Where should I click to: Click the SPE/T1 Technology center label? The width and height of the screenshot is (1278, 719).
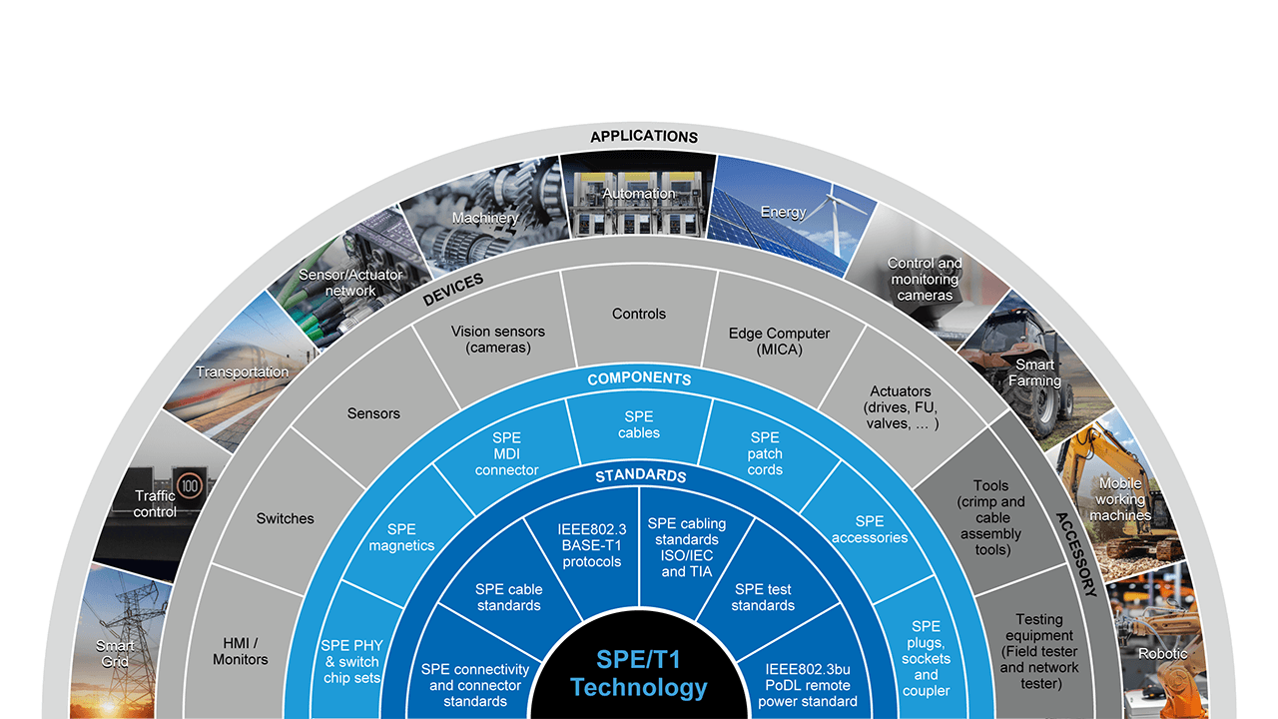coord(638,673)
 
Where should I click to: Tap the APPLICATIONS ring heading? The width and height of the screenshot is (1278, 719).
coord(644,137)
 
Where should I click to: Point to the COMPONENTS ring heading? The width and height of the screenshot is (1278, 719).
coord(639,379)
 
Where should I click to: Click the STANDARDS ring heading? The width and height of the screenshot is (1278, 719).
coord(640,475)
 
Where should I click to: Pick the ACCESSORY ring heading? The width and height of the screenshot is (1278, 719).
coord(1076,554)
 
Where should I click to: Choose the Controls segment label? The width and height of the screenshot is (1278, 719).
coord(639,314)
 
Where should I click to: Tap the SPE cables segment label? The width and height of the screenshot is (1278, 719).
coord(639,424)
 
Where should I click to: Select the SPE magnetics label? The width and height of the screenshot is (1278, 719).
coord(401,537)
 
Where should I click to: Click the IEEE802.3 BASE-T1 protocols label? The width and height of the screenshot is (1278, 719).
coord(592,545)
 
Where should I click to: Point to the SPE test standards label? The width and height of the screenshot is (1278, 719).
coord(763,597)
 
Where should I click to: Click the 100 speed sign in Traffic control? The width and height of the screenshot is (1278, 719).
coord(190,486)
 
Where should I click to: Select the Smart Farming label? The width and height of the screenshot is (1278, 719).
coord(1034,372)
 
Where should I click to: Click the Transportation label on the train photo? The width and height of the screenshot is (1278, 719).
coord(242,372)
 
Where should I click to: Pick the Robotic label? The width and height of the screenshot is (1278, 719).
coord(1163,654)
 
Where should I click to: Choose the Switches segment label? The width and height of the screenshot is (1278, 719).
coord(285,518)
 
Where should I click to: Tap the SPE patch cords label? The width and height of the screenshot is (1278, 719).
coord(765,453)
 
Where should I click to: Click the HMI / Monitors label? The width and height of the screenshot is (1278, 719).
coord(241,651)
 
